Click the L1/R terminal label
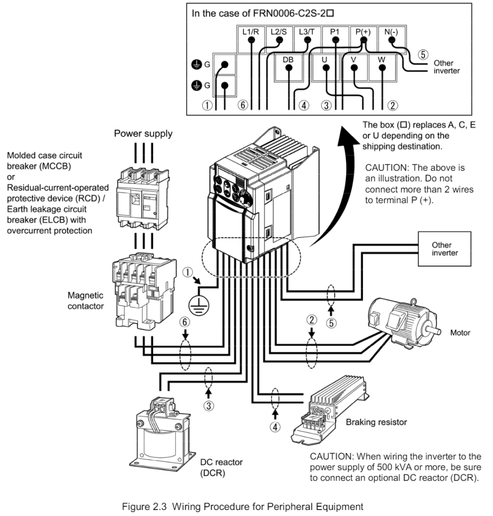point(251,32)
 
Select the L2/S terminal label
point(278,32)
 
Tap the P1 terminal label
point(335,32)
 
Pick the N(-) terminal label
point(391,32)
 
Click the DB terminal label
point(288,59)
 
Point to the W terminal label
point(382,59)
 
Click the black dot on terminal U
point(326,68)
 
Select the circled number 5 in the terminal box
point(423,54)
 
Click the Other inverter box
point(444,249)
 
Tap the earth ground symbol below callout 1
point(199,305)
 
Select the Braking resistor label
point(376,422)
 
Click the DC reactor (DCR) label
point(221,468)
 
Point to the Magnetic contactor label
point(86,301)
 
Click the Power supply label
point(143,134)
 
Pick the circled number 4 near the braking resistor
point(275,427)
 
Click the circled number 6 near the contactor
point(185,322)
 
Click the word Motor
point(460,333)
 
